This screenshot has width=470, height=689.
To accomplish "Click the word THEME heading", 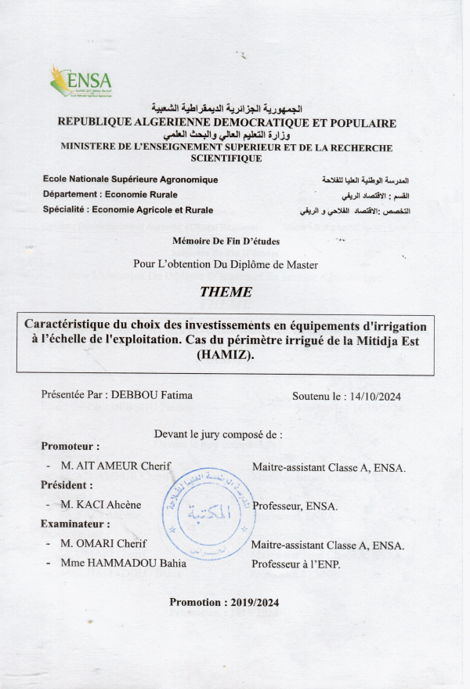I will [226, 292].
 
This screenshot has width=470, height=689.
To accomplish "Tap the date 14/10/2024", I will [373, 397].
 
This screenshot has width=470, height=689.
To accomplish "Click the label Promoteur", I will [70, 446].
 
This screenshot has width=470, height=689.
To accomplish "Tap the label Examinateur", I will [75, 524].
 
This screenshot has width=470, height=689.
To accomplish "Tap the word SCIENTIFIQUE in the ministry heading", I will [226, 158].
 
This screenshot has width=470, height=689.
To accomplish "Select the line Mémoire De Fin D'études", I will [226, 241].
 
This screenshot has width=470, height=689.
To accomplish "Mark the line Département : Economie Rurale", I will [110, 194].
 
